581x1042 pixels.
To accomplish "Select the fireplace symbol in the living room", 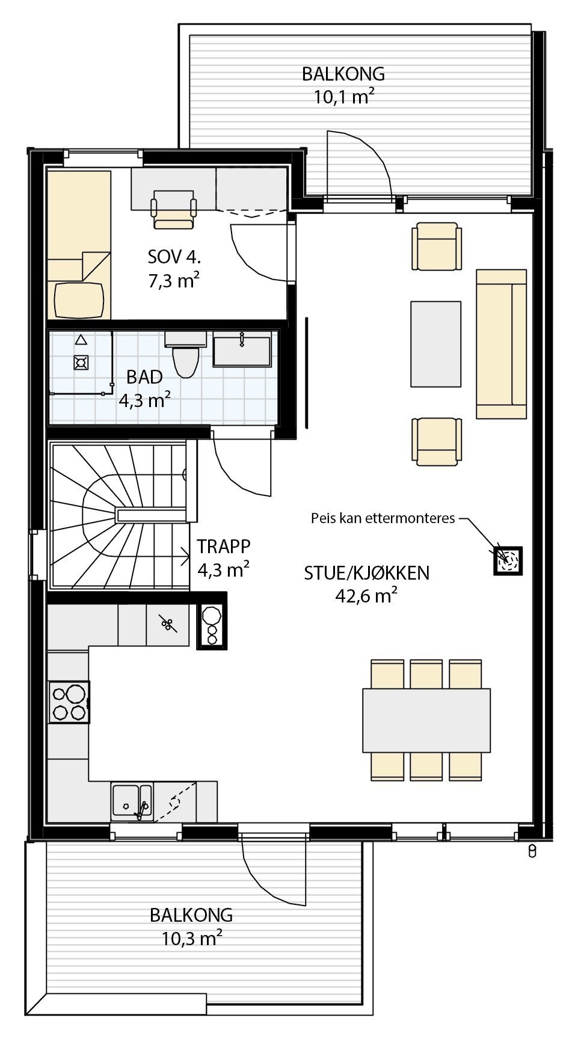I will [508, 560].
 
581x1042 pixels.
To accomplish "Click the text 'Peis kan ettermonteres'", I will [383, 518].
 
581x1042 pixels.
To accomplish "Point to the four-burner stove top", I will [69, 702].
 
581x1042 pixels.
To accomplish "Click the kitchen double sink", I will [132, 802].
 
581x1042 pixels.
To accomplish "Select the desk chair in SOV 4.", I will [174, 210].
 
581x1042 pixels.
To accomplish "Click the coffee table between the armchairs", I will [436, 344].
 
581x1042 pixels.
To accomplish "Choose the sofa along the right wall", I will [500, 343].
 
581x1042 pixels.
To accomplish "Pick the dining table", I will [426, 720].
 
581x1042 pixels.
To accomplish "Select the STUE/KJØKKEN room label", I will [366, 573].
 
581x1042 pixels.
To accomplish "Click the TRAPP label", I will [224, 547].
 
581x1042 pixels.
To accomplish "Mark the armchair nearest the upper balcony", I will [437, 247].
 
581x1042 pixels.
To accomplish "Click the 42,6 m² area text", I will [366, 596].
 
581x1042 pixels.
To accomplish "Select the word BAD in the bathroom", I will [144, 377].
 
